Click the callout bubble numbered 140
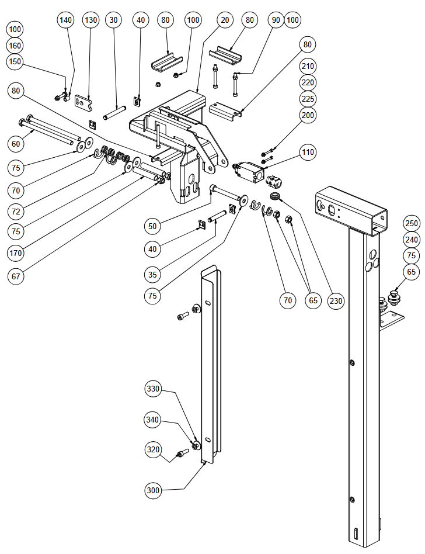(x=65, y=20)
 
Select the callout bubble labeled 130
(x=90, y=20)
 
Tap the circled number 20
(x=225, y=20)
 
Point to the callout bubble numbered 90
(x=276, y=20)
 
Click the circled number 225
(x=308, y=99)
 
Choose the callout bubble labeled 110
(x=308, y=153)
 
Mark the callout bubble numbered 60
(x=16, y=144)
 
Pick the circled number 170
(x=16, y=253)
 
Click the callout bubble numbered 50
(x=152, y=226)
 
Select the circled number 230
(x=335, y=301)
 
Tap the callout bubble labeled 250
(x=412, y=223)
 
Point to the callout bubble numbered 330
(x=153, y=389)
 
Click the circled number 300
(x=153, y=490)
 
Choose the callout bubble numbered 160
(x=15, y=46)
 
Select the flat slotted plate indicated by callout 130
(x=83, y=101)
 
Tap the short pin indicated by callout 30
(x=114, y=112)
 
